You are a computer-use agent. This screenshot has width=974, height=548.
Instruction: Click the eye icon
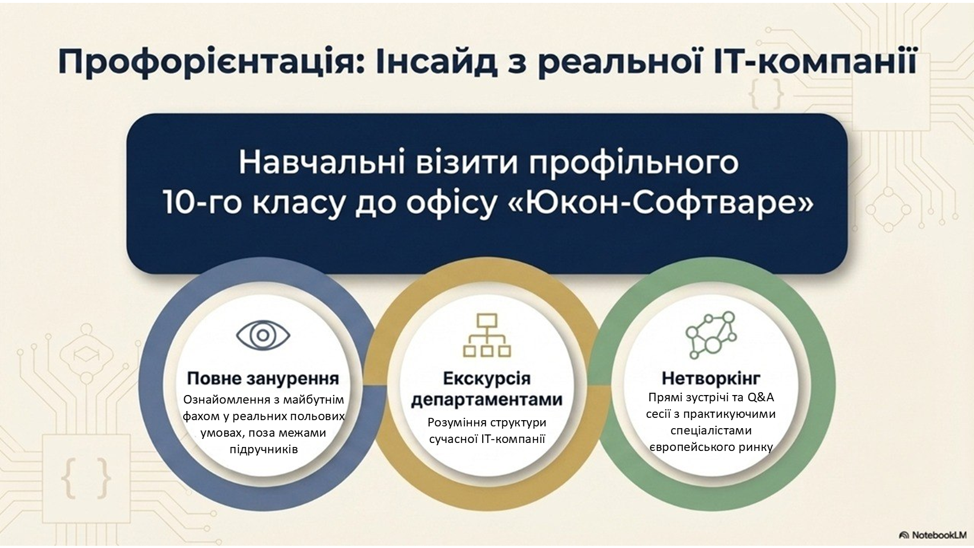point(263,335)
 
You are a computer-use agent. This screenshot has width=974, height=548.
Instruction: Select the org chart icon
point(487,335)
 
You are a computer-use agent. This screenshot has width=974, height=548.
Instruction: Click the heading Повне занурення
point(263,378)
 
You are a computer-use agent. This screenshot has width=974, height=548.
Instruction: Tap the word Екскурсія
point(487,378)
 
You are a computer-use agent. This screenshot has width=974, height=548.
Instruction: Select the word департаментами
point(487,400)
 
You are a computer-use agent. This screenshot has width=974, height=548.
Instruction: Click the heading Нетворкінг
point(711,378)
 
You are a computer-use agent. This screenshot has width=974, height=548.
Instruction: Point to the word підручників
point(264,449)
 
